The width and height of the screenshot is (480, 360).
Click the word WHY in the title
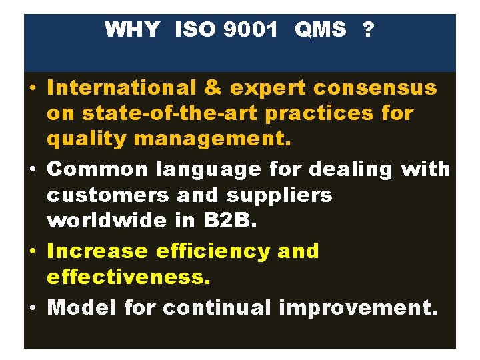[132, 29]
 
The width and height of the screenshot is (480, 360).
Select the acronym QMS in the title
[320, 29]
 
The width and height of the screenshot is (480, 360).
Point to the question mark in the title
[367, 29]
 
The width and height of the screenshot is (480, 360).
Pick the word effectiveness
[129, 277]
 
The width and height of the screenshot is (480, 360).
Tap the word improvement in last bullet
[358, 308]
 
